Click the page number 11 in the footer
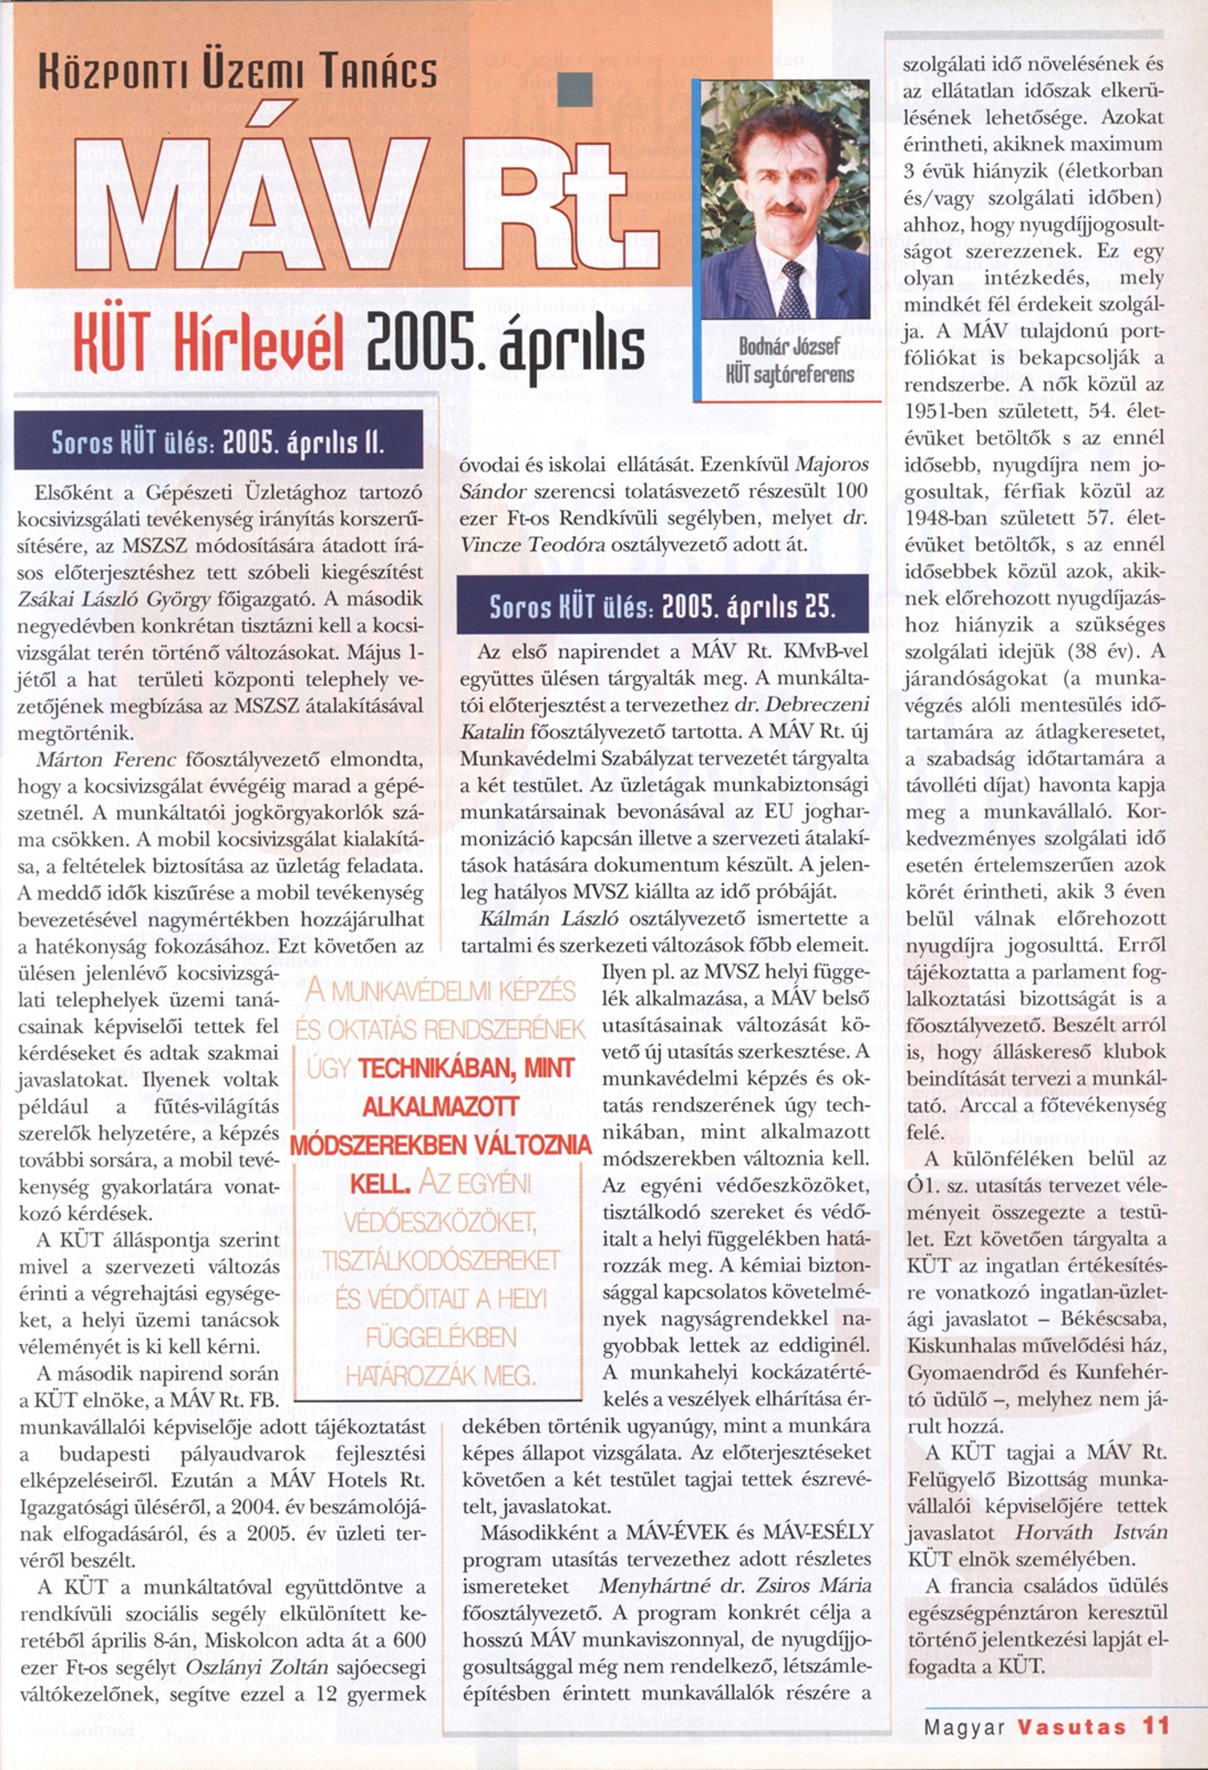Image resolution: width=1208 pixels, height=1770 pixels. (x=1154, y=1725)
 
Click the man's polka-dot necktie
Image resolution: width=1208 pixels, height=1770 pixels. (x=793, y=288)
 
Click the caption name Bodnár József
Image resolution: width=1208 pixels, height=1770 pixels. (x=788, y=347)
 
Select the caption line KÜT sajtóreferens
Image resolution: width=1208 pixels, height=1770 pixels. (x=789, y=374)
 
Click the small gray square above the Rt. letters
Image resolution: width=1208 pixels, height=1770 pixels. (x=577, y=89)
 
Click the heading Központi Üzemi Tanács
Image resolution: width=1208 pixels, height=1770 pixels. (x=238, y=71)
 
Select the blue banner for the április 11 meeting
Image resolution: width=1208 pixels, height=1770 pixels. (x=218, y=440)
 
